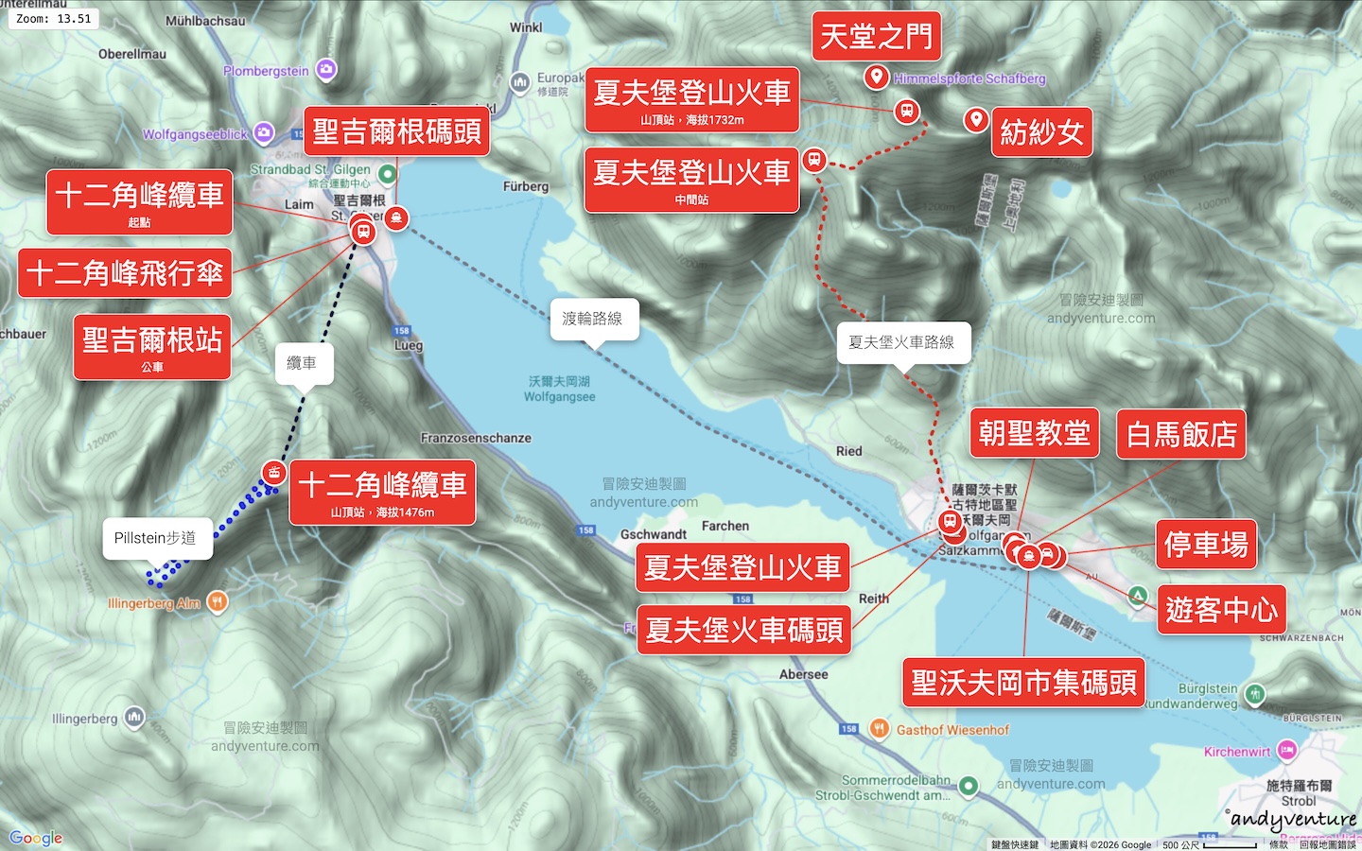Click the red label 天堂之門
[876, 37]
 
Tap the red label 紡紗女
[1040, 132]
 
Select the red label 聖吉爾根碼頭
[396, 131]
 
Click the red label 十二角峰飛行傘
[125, 273]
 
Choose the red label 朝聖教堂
[1034, 433]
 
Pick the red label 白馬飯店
[1180, 434]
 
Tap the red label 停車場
[1205, 545]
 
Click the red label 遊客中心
[1221, 610]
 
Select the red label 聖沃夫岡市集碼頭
[1023, 682]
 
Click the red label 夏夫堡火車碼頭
[743, 630]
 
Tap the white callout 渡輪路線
[593, 319]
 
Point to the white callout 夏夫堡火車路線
[901, 342]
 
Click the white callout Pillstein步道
[155, 538]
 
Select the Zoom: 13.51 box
[54, 18]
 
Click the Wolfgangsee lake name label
[559, 389]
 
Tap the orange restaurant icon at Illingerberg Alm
[218, 601]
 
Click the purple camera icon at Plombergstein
[326, 69]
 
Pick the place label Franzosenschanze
[476, 438]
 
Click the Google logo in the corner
[36, 838]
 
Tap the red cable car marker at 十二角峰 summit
[273, 472]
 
